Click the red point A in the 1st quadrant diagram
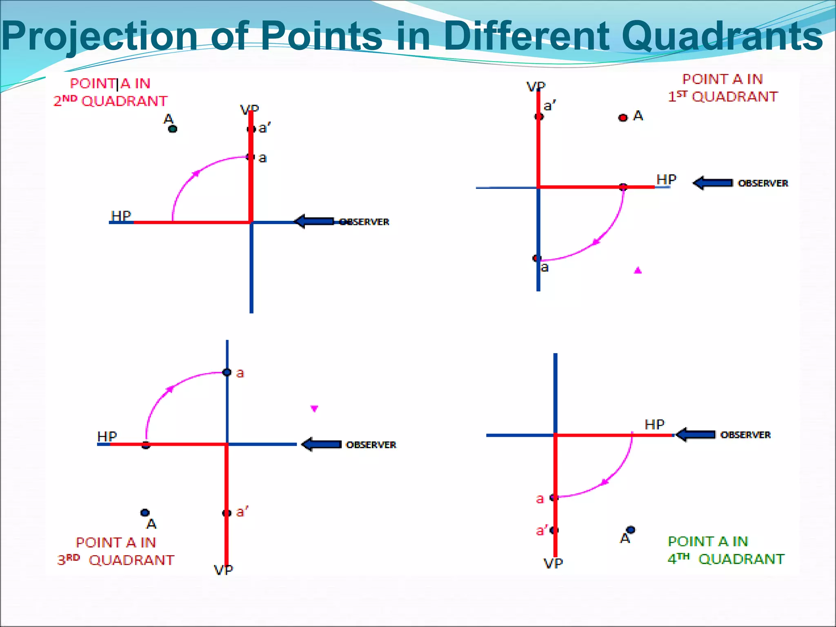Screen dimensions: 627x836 (x=623, y=118)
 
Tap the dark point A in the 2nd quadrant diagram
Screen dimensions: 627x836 (x=173, y=129)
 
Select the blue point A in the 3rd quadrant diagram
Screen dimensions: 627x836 (x=145, y=513)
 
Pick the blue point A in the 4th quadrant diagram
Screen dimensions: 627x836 (x=631, y=530)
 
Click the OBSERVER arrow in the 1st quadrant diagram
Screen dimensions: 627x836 (x=713, y=183)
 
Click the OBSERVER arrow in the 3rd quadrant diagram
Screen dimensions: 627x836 (x=322, y=444)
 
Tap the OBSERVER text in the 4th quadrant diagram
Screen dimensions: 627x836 (x=745, y=435)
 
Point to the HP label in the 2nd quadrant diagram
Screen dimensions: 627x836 (x=121, y=216)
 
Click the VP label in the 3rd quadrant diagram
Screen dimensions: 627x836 (x=223, y=570)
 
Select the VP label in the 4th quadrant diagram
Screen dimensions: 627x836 (x=553, y=564)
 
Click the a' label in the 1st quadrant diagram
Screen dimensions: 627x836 (x=549, y=106)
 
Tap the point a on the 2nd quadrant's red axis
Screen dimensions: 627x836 (x=250, y=157)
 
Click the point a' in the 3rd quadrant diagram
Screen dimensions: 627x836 (x=227, y=513)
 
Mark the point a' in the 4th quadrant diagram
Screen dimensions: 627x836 (x=554, y=530)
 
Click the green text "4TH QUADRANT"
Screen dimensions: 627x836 (x=726, y=559)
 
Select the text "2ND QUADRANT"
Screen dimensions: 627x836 (x=110, y=101)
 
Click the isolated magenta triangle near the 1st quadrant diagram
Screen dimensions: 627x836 (x=638, y=270)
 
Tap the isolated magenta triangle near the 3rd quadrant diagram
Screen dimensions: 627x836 (x=314, y=408)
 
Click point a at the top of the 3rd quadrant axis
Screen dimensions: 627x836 (x=227, y=372)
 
